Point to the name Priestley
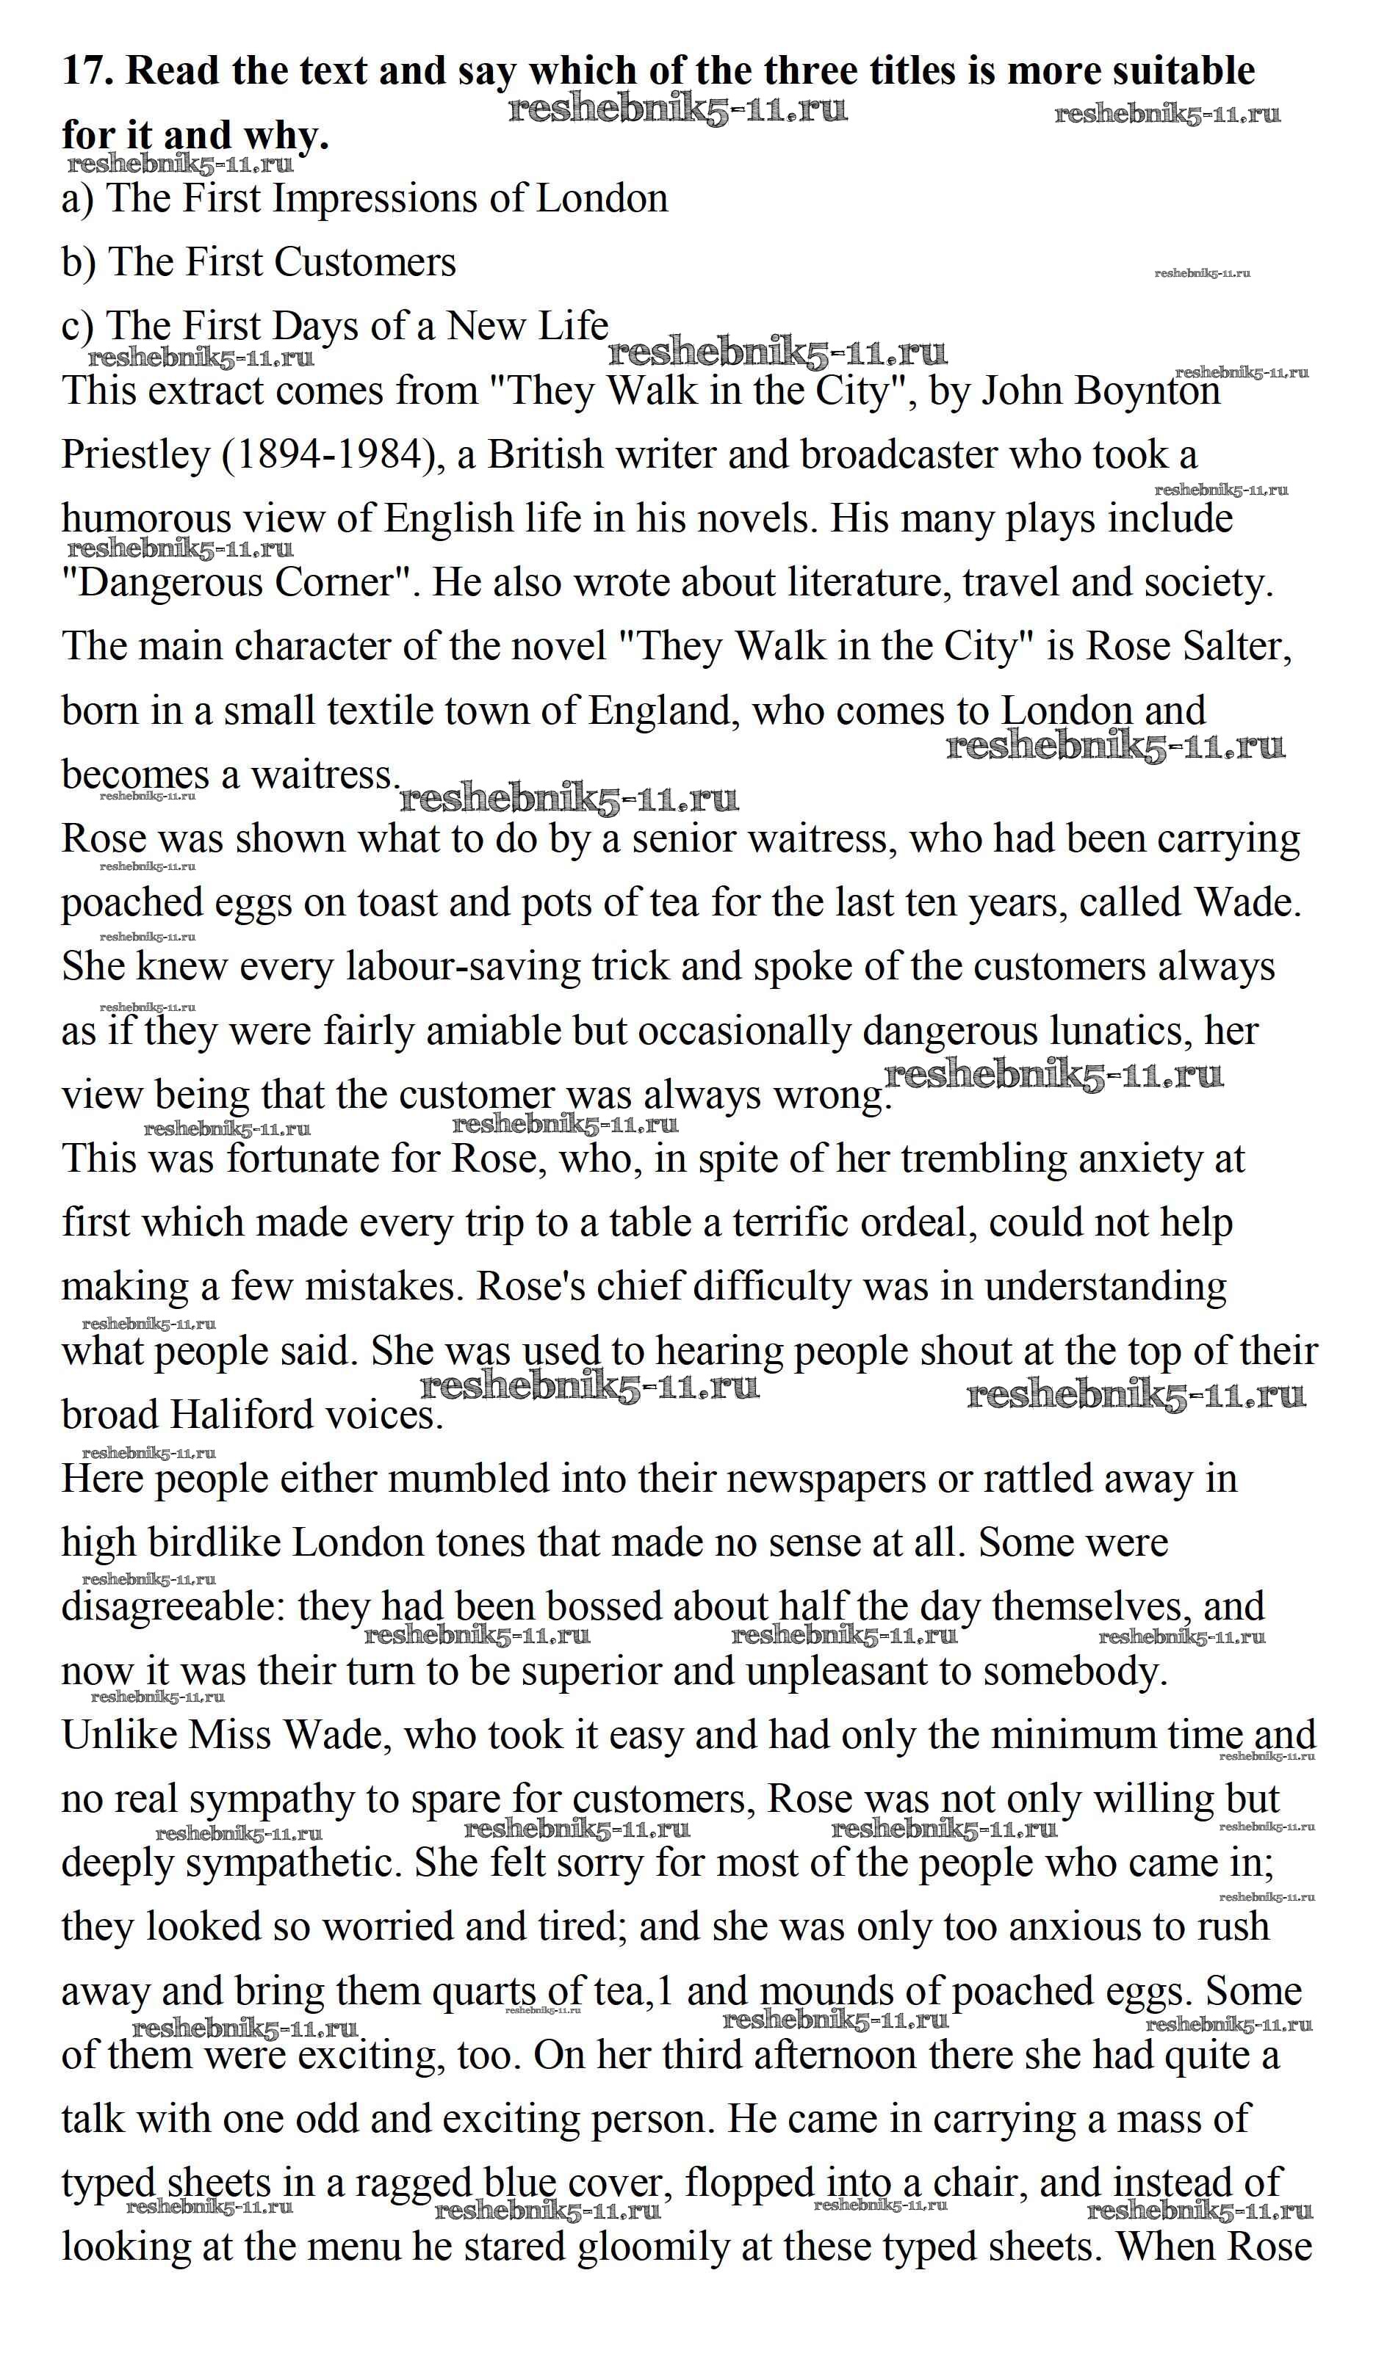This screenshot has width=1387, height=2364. (x=135, y=455)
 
